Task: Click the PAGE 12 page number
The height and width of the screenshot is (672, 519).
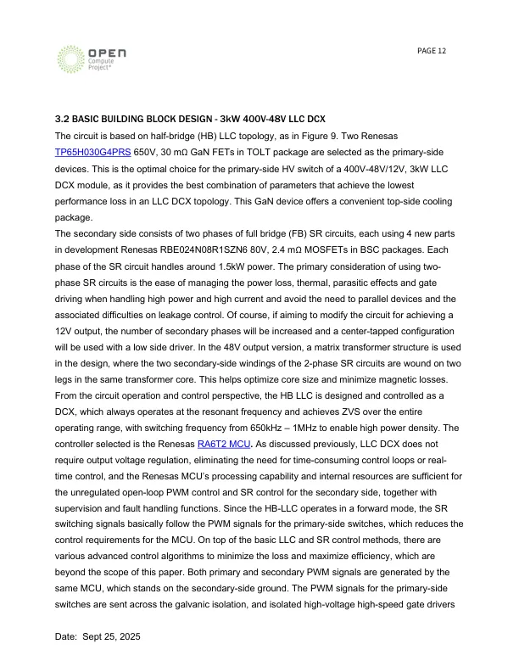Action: (x=432, y=52)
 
